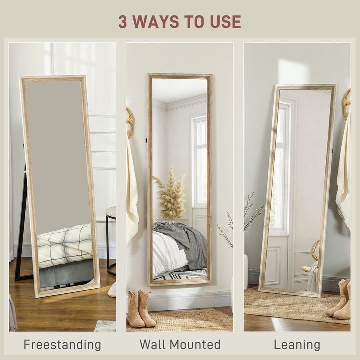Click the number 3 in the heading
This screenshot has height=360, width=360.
tap(123, 22)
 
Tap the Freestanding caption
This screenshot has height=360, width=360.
tap(62, 345)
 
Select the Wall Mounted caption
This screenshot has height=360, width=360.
tap(180, 345)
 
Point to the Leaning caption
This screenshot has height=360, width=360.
tap(297, 345)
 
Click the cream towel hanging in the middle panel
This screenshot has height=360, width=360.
tap(132, 190)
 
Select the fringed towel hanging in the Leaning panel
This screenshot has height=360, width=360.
tap(343, 175)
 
